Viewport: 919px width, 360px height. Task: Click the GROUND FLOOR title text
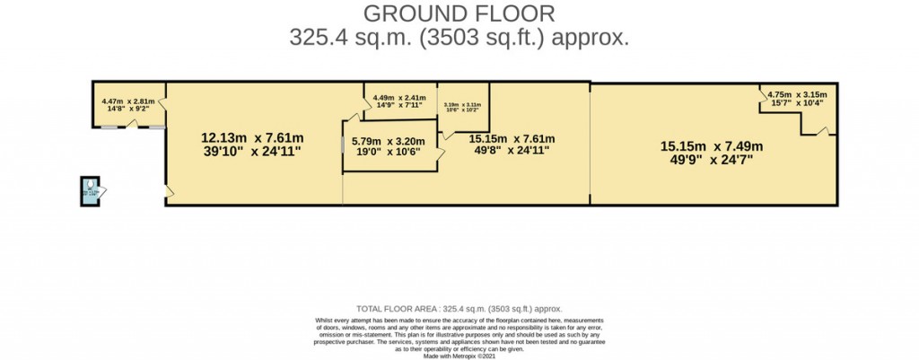click(459, 13)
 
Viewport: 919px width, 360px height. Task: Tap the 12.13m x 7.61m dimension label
click(252, 145)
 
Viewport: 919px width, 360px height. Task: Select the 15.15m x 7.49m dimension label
click(711, 153)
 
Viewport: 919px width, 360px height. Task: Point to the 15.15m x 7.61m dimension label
click(512, 145)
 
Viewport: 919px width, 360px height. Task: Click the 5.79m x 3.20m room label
click(388, 146)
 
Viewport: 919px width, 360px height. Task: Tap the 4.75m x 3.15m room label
click(796, 98)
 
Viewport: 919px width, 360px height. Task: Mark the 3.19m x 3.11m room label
click(462, 108)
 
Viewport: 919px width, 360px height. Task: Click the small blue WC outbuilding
click(92, 189)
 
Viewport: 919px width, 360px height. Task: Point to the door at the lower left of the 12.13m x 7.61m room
click(169, 190)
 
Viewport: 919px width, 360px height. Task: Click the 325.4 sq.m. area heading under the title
click(459, 38)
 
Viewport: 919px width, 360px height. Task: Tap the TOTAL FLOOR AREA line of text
click(459, 308)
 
